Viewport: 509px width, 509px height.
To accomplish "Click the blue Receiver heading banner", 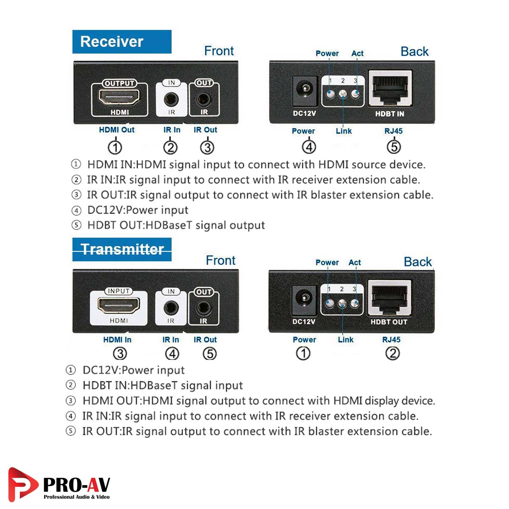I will click(x=122, y=42).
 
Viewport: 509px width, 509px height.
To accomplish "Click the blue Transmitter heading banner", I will click(x=122, y=249).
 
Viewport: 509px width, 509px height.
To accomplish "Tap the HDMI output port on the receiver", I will click(x=119, y=97).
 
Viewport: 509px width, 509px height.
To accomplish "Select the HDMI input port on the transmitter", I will click(x=119, y=306).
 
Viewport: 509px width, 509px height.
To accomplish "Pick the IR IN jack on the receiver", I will click(x=171, y=98).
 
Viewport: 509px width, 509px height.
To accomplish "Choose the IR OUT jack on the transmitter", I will click(x=204, y=307).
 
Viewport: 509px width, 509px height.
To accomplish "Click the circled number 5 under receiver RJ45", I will click(x=394, y=147).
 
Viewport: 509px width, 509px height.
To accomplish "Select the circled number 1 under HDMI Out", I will click(x=115, y=148).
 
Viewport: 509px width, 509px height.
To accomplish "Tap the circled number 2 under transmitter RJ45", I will click(x=392, y=353).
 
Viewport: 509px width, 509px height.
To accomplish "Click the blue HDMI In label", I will click(x=117, y=340).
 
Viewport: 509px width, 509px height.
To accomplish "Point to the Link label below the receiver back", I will click(x=344, y=131).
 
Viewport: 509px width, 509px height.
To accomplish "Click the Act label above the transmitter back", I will click(x=355, y=262).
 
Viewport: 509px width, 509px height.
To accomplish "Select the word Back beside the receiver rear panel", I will click(x=414, y=52).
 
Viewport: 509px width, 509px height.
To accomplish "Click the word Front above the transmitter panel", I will click(x=220, y=260).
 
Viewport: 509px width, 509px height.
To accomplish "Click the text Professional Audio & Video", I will click(x=76, y=497).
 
